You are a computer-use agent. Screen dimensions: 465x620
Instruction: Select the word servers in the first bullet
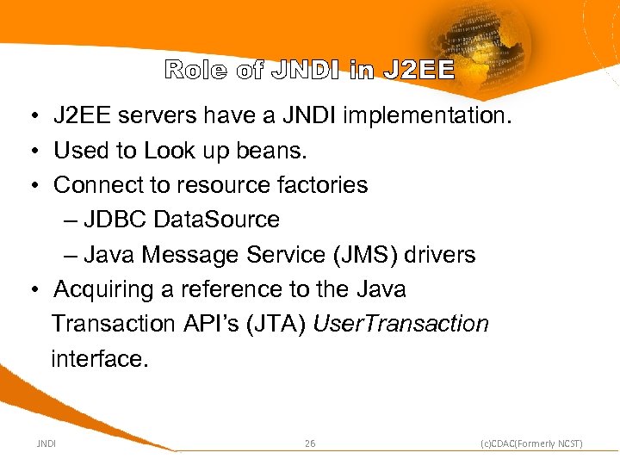point(160,115)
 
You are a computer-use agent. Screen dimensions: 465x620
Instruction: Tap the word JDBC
point(115,220)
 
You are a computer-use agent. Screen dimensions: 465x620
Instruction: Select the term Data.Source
point(216,220)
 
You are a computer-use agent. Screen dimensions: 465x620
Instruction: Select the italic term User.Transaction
point(401,324)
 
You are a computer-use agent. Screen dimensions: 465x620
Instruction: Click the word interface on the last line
point(100,359)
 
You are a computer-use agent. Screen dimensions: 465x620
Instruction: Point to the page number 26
point(310,443)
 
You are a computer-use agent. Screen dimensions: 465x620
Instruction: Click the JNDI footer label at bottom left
point(46,443)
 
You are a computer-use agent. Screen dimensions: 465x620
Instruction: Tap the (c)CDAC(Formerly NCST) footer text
point(531,443)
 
